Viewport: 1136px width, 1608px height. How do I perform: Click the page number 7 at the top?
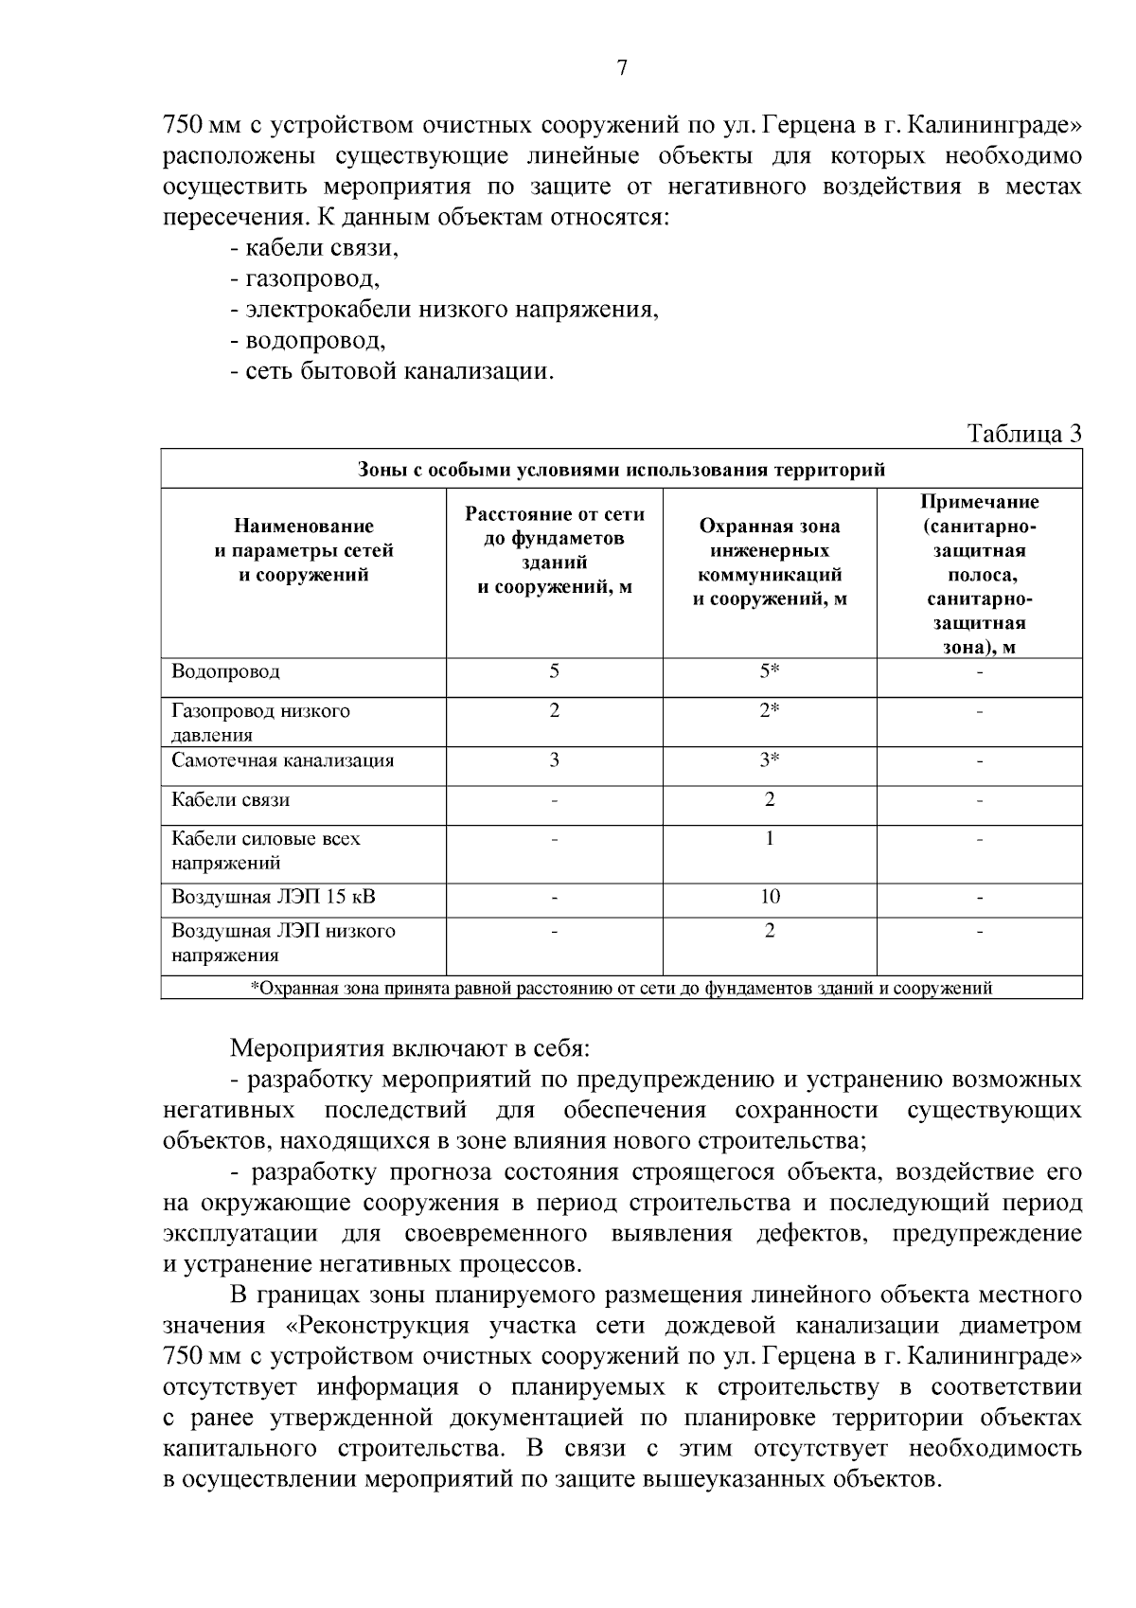pos(622,67)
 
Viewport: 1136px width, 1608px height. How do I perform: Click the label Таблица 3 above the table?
pos(1023,434)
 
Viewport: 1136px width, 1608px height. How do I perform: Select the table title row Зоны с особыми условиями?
pos(621,470)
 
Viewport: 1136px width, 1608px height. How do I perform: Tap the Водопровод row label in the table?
pos(225,672)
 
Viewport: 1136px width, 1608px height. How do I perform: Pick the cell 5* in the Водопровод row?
pos(769,671)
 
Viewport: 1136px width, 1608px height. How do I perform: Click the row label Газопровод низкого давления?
pos(260,723)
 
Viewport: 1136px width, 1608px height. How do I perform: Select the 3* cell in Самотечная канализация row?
pos(769,760)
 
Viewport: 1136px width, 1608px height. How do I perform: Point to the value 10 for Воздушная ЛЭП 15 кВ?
pos(769,897)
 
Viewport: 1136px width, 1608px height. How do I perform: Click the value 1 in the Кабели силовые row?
pos(769,838)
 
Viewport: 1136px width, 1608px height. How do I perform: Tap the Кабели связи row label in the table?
pos(230,800)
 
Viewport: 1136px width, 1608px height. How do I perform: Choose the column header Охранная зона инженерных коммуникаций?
pos(769,563)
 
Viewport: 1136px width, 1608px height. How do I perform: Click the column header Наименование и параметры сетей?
pos(303,550)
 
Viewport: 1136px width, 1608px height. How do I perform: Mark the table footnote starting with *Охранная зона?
pos(621,989)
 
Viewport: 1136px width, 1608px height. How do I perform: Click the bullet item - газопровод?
pos(304,279)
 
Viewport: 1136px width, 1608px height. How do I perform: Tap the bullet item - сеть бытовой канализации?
pos(391,371)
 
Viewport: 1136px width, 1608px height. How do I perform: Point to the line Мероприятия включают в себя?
pos(410,1049)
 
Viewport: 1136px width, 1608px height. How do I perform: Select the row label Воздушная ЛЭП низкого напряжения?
pos(283,943)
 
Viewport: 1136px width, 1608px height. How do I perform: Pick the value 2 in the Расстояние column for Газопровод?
pos(554,710)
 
